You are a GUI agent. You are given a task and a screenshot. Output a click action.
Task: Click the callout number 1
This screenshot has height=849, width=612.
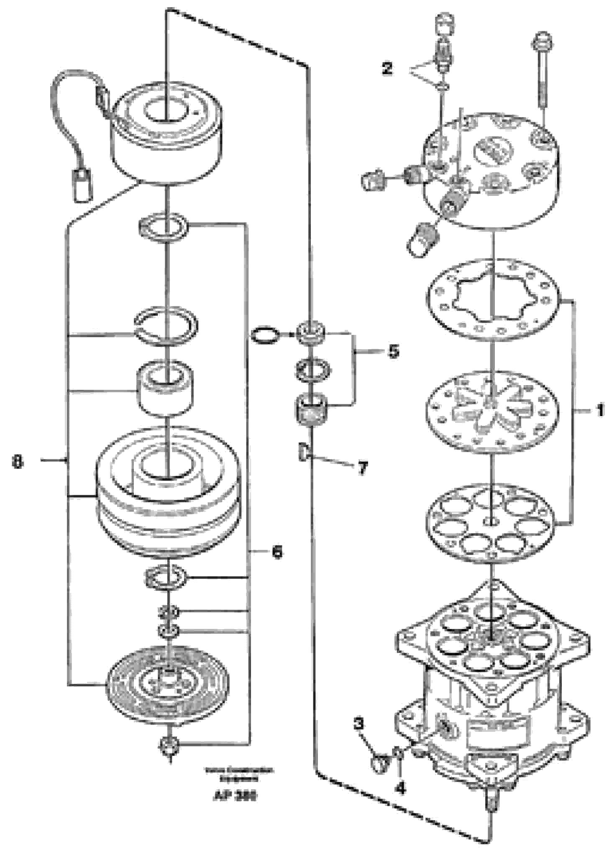[x=600, y=410]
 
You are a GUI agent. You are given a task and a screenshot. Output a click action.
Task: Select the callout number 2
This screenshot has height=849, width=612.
[x=387, y=68]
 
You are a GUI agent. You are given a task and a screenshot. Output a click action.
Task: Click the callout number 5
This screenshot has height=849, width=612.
[x=393, y=352]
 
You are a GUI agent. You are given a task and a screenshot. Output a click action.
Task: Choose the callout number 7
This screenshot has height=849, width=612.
[x=362, y=468]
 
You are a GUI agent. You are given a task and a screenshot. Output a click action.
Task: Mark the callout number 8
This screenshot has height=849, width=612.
[x=18, y=462]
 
